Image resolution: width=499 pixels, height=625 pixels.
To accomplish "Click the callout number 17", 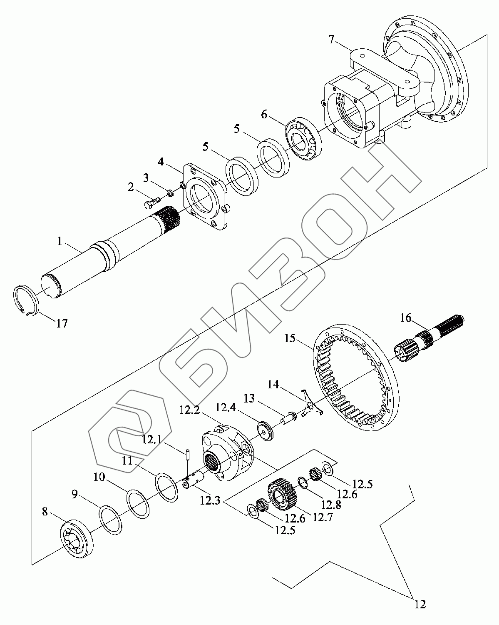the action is pyautogui.click(x=62, y=323).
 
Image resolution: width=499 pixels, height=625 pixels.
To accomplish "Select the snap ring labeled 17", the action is pyautogui.click(x=25, y=301).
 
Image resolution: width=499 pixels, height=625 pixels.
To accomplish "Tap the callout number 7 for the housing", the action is pyautogui.click(x=331, y=40).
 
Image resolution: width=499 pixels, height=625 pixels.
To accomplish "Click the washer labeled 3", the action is pyautogui.click(x=170, y=193).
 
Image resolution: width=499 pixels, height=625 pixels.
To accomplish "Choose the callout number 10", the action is pyautogui.click(x=99, y=477).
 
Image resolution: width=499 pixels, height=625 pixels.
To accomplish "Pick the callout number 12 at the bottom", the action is pyautogui.click(x=420, y=603).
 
